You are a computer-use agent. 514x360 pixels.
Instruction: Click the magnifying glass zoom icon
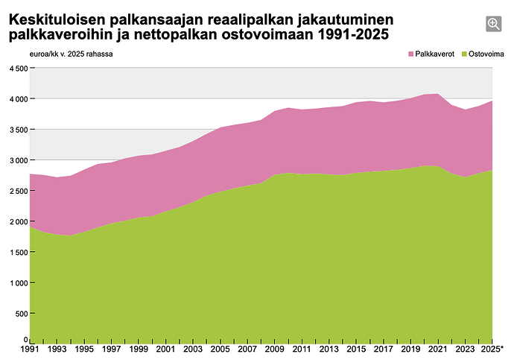(x=493, y=24)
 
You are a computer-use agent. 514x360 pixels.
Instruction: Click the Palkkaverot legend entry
(x=431, y=54)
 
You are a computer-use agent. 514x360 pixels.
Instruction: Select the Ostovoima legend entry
(x=483, y=54)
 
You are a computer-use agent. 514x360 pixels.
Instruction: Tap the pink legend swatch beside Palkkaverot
(x=411, y=54)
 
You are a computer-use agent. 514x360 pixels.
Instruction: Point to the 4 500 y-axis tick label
(x=19, y=69)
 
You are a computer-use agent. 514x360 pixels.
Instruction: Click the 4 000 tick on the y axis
(x=19, y=99)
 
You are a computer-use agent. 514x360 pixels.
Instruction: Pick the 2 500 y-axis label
(x=19, y=191)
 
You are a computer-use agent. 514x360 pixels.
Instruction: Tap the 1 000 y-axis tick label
(x=19, y=283)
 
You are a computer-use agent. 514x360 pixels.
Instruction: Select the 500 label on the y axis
(x=22, y=314)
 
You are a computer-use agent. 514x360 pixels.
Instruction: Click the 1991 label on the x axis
(x=30, y=349)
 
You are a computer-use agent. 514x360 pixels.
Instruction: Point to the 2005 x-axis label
(x=220, y=349)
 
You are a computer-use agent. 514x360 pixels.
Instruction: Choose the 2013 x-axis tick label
(x=329, y=349)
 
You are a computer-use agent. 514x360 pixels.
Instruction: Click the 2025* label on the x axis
(x=492, y=349)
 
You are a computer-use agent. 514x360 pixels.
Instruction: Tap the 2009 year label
(x=274, y=349)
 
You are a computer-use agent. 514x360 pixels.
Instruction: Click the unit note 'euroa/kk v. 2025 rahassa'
(x=71, y=54)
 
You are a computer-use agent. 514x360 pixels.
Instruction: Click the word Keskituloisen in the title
(x=57, y=20)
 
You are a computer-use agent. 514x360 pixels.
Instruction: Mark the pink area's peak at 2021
(x=438, y=94)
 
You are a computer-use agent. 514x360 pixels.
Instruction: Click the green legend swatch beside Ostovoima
(x=464, y=54)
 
